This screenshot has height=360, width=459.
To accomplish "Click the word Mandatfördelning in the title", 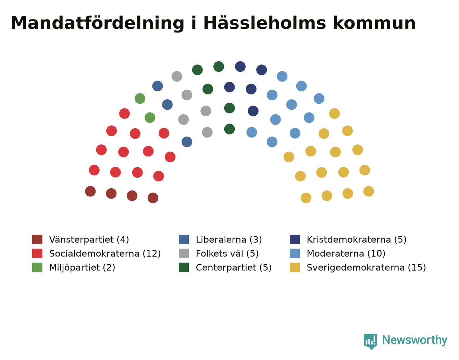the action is (97, 23).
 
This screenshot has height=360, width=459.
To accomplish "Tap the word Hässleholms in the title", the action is (265, 23).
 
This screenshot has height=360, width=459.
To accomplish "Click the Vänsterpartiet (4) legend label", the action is (89, 240).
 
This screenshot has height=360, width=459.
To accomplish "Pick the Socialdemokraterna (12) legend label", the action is (105, 254).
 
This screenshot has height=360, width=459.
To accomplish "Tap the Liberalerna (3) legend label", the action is (229, 240).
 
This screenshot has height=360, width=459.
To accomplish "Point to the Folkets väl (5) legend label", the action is (227, 254).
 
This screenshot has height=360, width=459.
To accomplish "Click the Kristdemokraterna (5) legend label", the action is (357, 240).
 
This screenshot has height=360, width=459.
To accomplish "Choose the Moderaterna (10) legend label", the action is (346, 254).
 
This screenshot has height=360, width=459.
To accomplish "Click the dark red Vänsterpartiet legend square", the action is (37, 240).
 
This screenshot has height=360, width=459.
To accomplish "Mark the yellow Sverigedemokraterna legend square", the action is (295, 267).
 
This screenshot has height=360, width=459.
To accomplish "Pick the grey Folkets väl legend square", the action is (184, 254).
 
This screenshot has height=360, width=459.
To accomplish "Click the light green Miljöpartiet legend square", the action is (37, 267).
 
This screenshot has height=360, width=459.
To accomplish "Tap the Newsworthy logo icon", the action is (370, 341).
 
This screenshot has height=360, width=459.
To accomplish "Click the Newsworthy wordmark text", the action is (415, 340).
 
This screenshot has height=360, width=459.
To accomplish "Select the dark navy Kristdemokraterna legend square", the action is (295, 240).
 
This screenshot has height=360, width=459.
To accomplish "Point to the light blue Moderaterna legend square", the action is (295, 254).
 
